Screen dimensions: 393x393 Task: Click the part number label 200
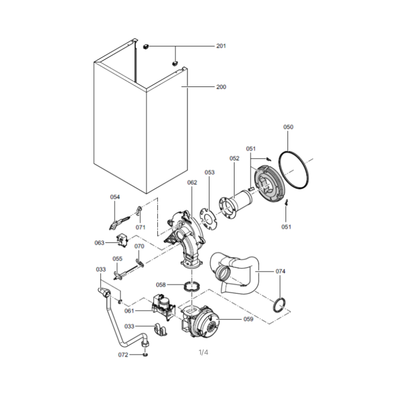tap(221, 87)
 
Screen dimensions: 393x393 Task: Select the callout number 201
tap(221, 46)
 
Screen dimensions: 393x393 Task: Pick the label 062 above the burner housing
tap(192, 182)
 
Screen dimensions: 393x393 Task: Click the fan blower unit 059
tap(201, 322)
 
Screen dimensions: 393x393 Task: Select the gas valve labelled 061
tap(164, 307)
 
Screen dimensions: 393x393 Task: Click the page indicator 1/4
tap(203, 352)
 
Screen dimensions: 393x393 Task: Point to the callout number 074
tap(280, 271)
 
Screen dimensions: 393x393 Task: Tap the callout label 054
tap(115, 197)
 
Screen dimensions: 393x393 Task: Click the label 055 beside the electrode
tap(117, 259)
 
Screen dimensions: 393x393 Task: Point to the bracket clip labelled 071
tap(139, 211)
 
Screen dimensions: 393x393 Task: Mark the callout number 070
tap(140, 247)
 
